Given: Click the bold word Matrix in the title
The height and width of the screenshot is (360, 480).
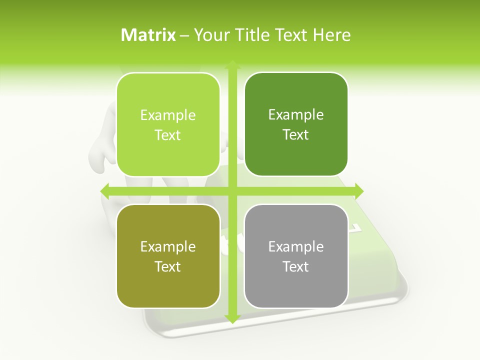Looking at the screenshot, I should click(x=148, y=35).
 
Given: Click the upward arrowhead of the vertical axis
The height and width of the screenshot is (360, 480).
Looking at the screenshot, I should click(x=232, y=64).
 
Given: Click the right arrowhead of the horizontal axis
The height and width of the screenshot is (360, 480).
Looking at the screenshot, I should click(x=358, y=190).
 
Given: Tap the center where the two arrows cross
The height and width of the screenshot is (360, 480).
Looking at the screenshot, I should click(x=232, y=190).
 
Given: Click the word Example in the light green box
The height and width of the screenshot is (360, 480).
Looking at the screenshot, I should click(x=168, y=115).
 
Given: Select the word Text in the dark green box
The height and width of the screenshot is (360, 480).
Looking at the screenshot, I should click(x=296, y=134).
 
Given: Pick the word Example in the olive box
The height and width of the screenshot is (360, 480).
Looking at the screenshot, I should click(x=168, y=247).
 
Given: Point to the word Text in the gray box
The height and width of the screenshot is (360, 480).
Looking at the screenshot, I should click(x=296, y=266).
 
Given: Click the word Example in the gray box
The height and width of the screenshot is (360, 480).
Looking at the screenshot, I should click(x=296, y=247).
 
